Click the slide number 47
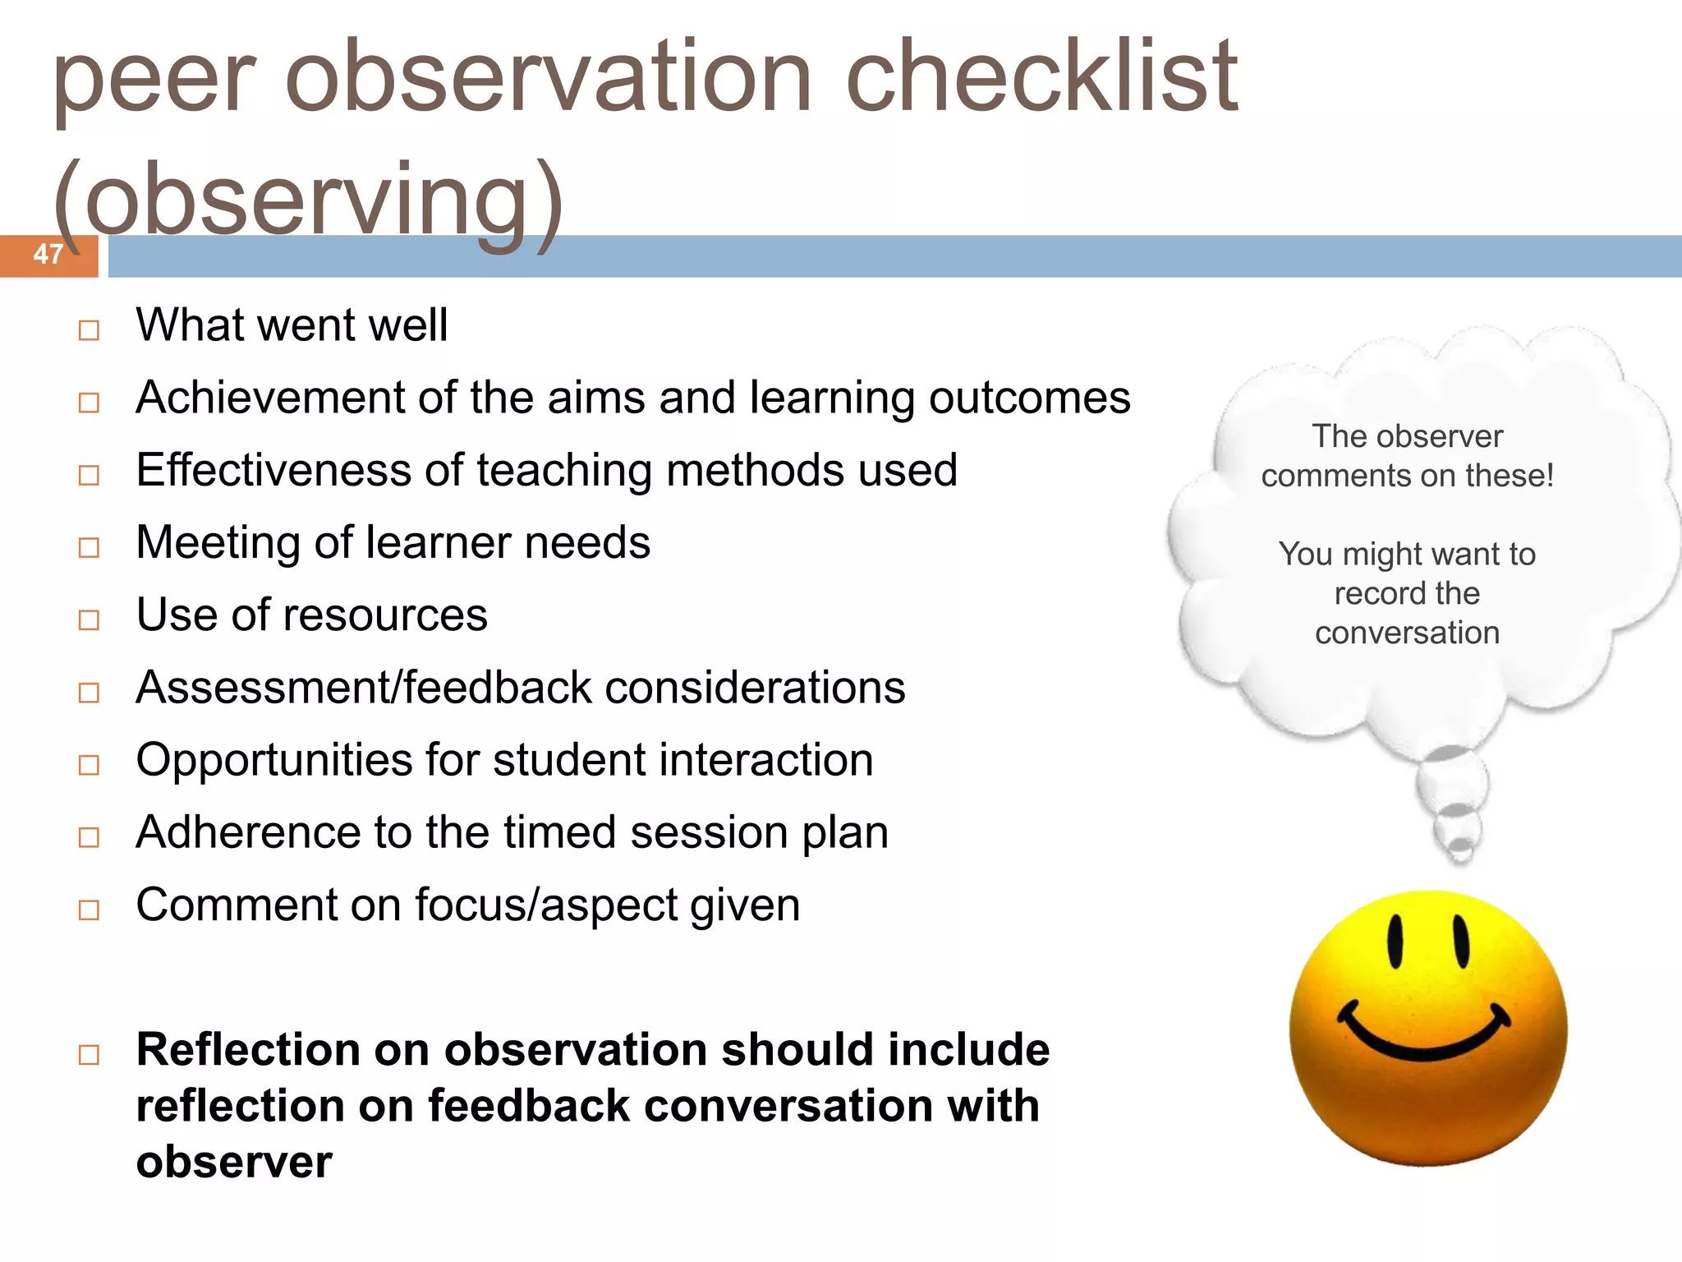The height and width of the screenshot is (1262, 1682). click(x=48, y=254)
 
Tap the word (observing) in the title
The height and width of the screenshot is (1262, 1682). click(x=308, y=201)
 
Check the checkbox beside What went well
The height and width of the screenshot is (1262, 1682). click(x=89, y=330)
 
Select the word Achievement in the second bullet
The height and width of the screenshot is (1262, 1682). click(x=270, y=398)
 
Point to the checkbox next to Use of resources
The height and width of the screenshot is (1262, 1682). click(x=89, y=619)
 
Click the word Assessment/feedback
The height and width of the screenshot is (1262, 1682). click(x=364, y=688)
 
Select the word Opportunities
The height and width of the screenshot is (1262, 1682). click(x=273, y=761)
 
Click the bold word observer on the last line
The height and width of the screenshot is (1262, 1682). click(x=234, y=1162)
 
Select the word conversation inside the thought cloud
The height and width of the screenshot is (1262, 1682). click(x=1407, y=633)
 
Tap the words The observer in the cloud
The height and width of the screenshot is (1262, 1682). click(x=1407, y=436)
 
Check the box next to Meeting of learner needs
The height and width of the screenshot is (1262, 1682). click(x=89, y=547)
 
